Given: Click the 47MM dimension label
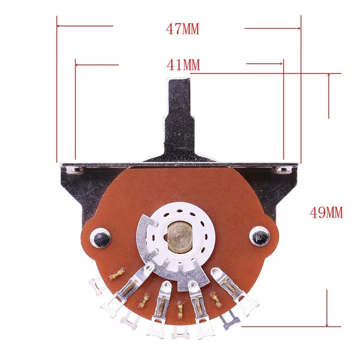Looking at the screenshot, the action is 183,29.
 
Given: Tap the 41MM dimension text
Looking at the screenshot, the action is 183,65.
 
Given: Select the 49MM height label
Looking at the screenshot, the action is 326,212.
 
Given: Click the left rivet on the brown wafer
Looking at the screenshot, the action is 100,238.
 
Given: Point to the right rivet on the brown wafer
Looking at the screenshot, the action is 260,236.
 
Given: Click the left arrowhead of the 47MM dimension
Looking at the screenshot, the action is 59,26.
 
